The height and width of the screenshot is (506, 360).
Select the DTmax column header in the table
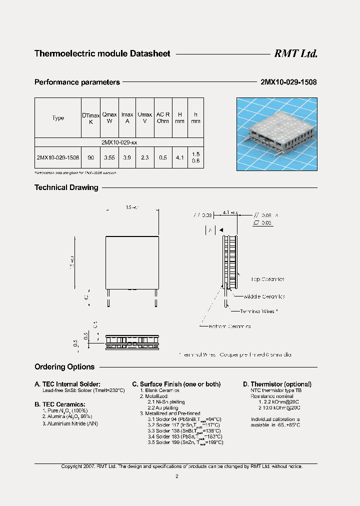90,118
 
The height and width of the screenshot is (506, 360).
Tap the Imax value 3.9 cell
127,157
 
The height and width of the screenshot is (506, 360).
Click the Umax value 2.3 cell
145,157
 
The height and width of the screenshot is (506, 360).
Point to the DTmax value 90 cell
90,157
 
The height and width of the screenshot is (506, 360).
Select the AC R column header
163,118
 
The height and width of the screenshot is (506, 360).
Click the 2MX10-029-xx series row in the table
119,142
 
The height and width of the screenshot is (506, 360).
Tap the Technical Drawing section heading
66,187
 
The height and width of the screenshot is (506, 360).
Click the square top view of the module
131,261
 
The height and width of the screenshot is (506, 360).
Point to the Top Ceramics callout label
267,279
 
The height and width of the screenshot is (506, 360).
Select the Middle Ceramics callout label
264,296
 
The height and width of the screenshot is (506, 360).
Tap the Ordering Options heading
64,367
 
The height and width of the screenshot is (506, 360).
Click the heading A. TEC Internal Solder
67,384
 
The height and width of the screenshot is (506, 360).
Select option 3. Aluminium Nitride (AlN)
70,423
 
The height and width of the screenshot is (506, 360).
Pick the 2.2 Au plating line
163,408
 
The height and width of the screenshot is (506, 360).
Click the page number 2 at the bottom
176,476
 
